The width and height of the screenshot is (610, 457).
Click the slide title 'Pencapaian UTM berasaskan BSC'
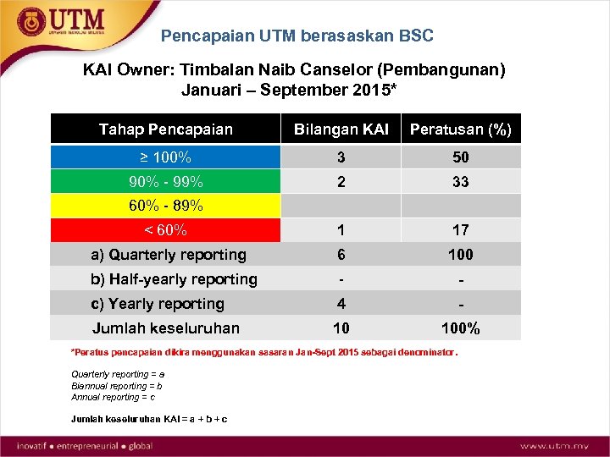pos(297,36)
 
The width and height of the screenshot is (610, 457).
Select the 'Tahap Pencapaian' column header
pos(165,129)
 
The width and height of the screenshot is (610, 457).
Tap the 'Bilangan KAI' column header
pos(341,129)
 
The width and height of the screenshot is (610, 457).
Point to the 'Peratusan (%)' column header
pos(460,129)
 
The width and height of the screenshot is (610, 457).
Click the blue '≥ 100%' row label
pos(165,157)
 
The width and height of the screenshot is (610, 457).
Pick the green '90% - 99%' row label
pos(165,182)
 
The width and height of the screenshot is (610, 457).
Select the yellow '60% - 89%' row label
pos(165,206)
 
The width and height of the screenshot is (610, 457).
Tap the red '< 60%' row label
pos(165,230)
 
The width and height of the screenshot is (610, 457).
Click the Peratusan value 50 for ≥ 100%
pos(460,157)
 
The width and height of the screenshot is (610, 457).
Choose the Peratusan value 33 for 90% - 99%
pos(460,182)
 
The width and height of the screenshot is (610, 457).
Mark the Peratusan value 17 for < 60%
pos(460,230)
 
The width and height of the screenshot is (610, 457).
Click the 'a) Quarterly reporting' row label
pos(169,255)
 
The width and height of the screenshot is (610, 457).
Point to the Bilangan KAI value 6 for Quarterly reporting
pos(341,255)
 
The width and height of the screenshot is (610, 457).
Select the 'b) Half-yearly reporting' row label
pos(174,279)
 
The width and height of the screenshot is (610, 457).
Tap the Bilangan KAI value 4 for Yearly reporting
pos(341,304)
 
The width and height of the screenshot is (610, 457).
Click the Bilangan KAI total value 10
pos(341,328)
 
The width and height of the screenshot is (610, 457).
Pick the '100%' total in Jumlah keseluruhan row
pos(460,328)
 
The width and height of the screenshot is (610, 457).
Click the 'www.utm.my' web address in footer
pos(555,445)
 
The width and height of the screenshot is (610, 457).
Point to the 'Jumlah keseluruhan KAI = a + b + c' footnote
pos(149,419)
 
